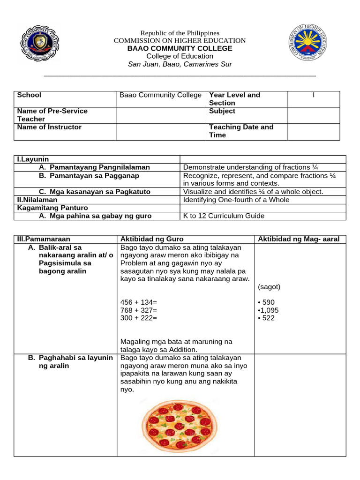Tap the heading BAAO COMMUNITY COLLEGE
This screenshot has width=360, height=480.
(x=180, y=48)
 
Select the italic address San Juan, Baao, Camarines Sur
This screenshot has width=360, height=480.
(x=180, y=64)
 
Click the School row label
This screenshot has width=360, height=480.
(x=29, y=95)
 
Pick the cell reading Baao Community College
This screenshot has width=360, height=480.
(x=160, y=95)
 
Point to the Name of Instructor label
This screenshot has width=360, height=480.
(x=49, y=127)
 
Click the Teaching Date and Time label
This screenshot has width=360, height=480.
(x=241, y=131)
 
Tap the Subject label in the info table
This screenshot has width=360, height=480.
(x=222, y=111)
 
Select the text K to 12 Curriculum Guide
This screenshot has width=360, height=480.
(x=224, y=216)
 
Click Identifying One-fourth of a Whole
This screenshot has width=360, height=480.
(x=236, y=200)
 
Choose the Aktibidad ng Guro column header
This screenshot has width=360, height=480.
(x=152, y=239)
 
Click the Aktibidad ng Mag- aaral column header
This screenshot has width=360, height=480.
(x=299, y=239)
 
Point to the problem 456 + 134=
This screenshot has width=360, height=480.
(x=139, y=302)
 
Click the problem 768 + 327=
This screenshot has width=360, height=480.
(x=139, y=310)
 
